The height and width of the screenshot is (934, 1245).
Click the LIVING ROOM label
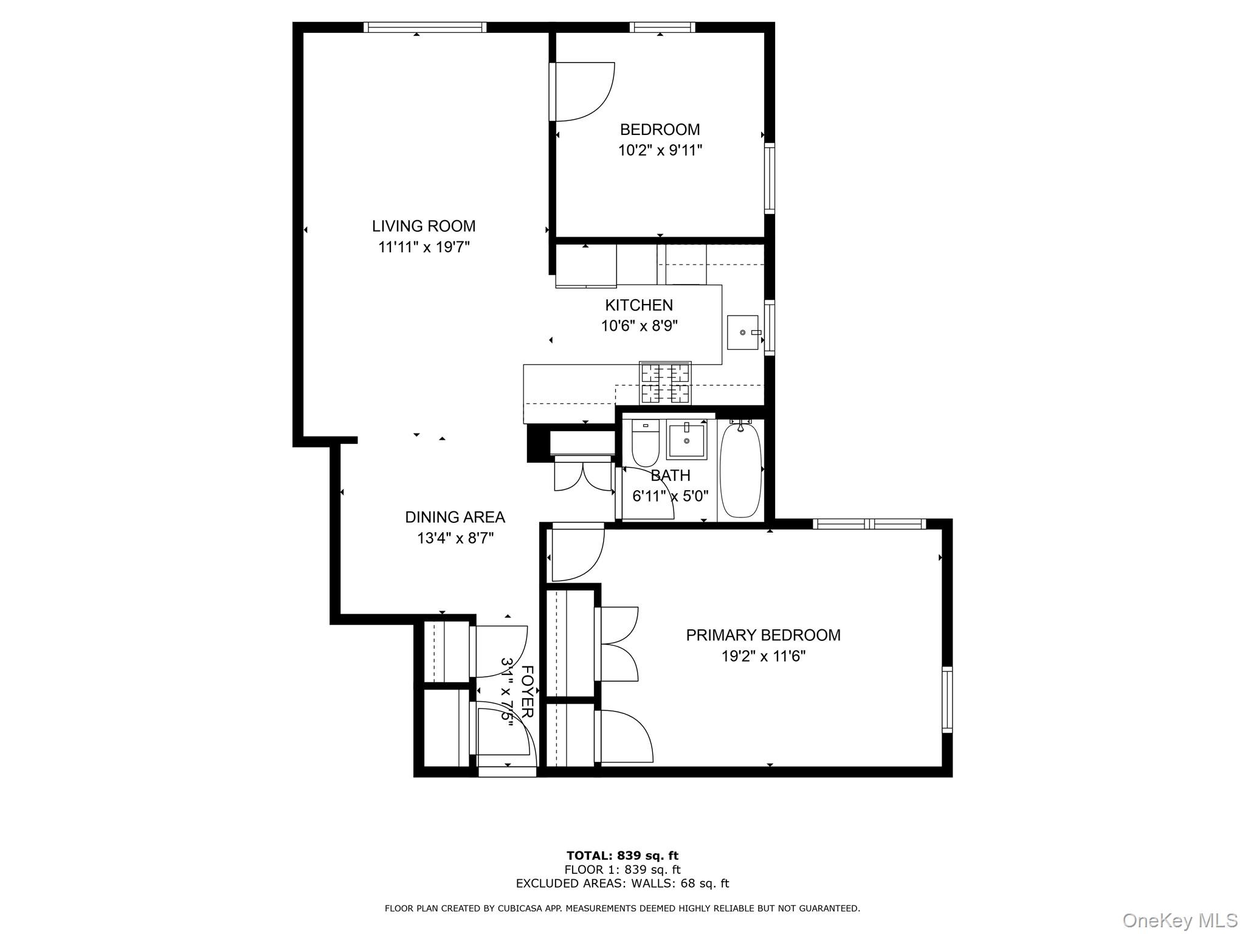[x=424, y=226]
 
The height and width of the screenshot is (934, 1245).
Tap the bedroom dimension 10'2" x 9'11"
[x=660, y=150]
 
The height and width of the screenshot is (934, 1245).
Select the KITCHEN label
[x=638, y=305]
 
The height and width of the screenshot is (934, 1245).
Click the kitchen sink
[x=743, y=333]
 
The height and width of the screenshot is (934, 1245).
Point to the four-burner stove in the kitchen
[x=665, y=382]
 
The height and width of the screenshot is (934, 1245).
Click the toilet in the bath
[x=646, y=443]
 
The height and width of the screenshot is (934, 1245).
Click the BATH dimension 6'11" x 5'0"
[x=670, y=496]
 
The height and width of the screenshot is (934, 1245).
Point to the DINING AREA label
[x=455, y=517]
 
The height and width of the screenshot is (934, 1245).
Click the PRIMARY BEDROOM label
[x=763, y=635]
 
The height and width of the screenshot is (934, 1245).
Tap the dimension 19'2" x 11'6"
[x=763, y=656]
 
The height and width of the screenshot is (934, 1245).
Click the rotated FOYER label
[x=527, y=691]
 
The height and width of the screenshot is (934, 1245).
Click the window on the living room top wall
[x=425, y=27]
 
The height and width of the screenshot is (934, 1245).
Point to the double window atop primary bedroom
[x=869, y=524]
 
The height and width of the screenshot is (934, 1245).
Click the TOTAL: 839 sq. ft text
[x=622, y=856]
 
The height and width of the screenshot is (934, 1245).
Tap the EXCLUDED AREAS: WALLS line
[x=622, y=884]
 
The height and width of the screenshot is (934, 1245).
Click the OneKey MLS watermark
[x=1179, y=920]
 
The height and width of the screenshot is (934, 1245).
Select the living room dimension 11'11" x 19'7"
[x=424, y=247]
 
